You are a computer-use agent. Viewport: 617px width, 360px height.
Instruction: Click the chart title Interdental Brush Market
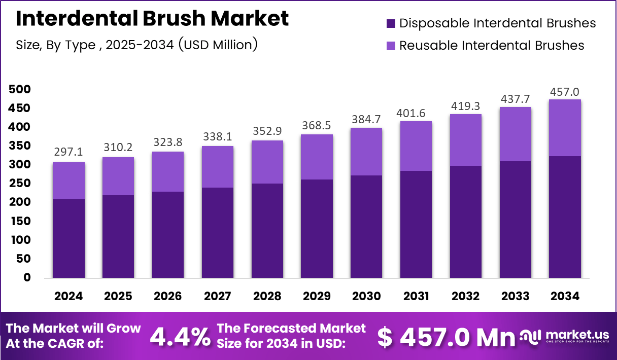(152, 19)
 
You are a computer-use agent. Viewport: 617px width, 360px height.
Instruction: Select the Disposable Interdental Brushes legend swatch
(390, 23)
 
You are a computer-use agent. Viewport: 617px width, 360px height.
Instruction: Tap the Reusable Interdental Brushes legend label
(492, 45)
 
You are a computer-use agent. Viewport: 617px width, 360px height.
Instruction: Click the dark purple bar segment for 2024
(68, 238)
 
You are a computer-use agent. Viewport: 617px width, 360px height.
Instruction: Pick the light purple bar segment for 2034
(565, 128)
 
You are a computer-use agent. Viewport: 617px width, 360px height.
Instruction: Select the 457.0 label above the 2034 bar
(565, 92)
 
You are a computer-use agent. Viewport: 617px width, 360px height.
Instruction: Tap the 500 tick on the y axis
(20, 90)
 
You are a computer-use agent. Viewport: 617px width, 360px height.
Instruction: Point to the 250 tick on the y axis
(20, 184)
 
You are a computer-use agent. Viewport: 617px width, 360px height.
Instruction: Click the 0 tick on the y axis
(27, 278)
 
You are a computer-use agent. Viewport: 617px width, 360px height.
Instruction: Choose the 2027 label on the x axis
(217, 296)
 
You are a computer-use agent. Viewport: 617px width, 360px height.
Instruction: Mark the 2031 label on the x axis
(416, 296)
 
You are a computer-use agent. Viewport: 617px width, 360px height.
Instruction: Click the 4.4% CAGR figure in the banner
(180, 337)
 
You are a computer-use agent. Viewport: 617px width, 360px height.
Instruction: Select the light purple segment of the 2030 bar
(366, 152)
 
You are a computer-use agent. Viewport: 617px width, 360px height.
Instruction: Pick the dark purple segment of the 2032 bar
(465, 222)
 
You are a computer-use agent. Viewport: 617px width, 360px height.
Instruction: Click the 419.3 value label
(465, 106)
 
